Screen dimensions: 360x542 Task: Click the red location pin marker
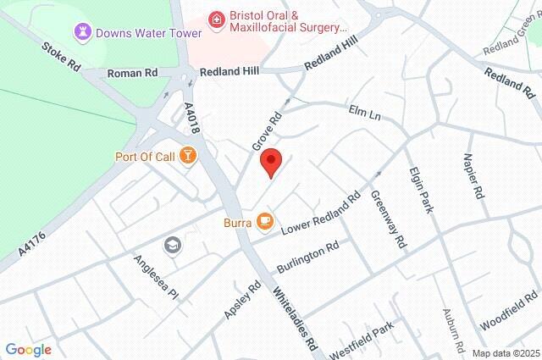(x=270, y=161)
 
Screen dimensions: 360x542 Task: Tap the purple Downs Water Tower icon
(x=83, y=33)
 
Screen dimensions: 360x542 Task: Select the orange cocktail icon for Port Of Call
(x=188, y=156)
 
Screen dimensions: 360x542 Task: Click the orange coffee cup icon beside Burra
(x=264, y=222)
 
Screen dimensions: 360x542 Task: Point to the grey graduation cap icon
(x=174, y=245)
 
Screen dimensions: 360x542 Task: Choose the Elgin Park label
(x=428, y=187)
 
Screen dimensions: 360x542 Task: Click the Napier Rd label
(x=473, y=176)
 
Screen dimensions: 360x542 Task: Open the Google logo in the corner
(x=28, y=349)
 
